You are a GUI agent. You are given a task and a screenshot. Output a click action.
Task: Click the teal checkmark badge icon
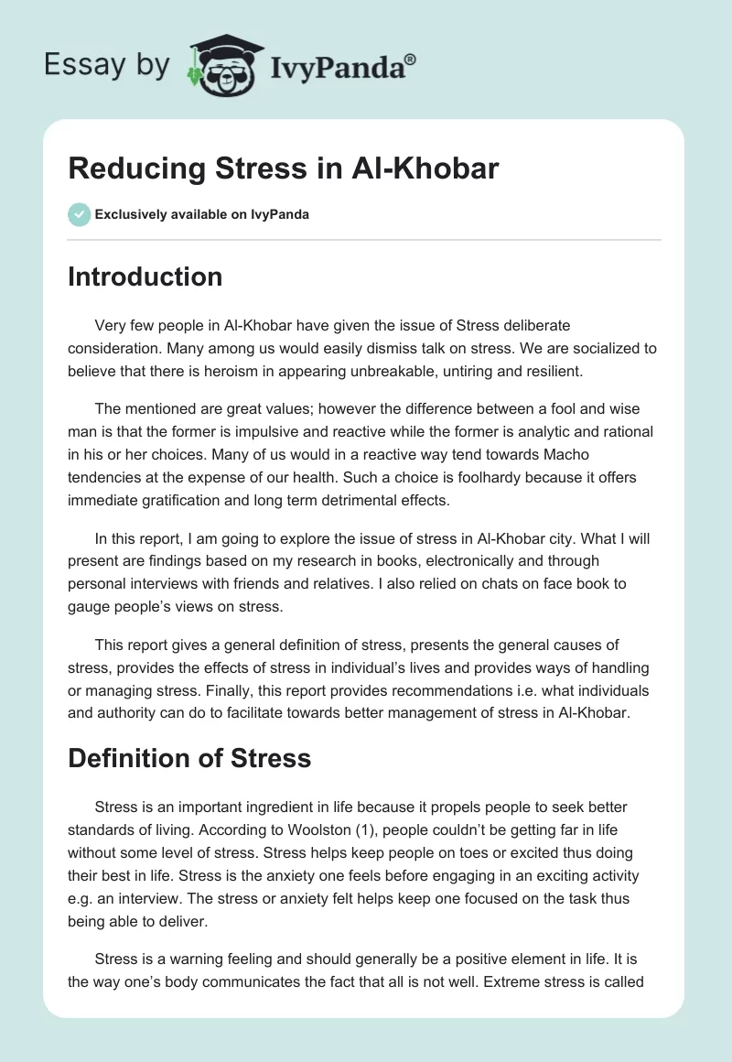coord(79,214)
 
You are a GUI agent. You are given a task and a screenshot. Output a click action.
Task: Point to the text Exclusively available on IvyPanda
coord(202,215)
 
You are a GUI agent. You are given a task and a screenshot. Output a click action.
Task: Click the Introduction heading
coord(145,276)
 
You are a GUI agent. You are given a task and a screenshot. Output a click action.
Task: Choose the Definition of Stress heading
coord(189,758)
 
